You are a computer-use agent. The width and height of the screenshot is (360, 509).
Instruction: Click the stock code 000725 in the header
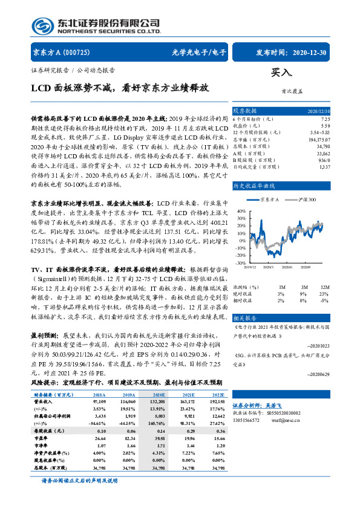pyautogui.click(x=76, y=52)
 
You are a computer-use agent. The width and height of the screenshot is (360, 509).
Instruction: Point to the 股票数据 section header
pyautogui.click(x=245, y=111)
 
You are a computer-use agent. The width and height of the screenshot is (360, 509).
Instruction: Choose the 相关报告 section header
pyautogui.click(x=245, y=317)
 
